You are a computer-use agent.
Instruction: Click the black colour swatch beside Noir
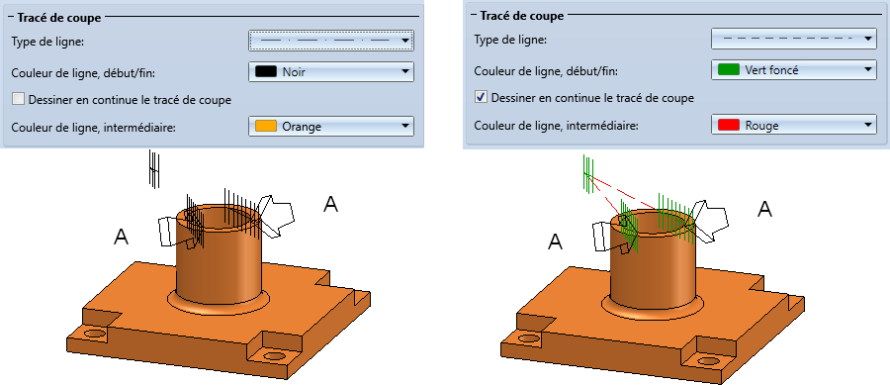(x=266, y=71)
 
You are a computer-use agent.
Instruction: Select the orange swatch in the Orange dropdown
(x=266, y=126)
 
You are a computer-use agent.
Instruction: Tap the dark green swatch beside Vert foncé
(x=729, y=70)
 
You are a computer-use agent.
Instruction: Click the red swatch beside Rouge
(x=729, y=125)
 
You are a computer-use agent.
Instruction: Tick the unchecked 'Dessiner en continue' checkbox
(x=19, y=99)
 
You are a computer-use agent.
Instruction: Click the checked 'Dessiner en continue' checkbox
(x=482, y=98)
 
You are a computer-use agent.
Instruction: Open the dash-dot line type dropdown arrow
(x=404, y=41)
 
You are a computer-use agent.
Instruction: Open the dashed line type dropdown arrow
(x=867, y=39)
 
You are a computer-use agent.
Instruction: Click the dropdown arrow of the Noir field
(x=404, y=71)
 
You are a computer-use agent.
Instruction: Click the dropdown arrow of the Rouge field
(x=867, y=125)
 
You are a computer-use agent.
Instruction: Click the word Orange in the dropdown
(x=302, y=127)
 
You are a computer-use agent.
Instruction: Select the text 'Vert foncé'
(x=771, y=70)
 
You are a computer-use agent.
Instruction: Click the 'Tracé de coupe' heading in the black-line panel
(x=59, y=18)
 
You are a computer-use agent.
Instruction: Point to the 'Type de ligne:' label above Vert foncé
(x=510, y=40)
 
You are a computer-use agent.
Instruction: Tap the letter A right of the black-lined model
(x=330, y=204)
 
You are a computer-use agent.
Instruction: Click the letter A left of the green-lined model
(x=555, y=241)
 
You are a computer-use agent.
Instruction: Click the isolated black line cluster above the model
(x=154, y=168)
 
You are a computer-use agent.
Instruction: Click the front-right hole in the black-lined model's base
(x=275, y=356)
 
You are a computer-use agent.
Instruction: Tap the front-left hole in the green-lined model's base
(x=529, y=338)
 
